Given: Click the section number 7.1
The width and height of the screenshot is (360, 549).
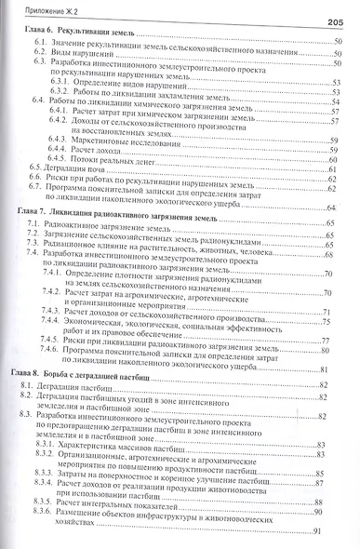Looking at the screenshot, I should coord(33,227).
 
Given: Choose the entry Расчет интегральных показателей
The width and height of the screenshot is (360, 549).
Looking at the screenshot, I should coord(149,500).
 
